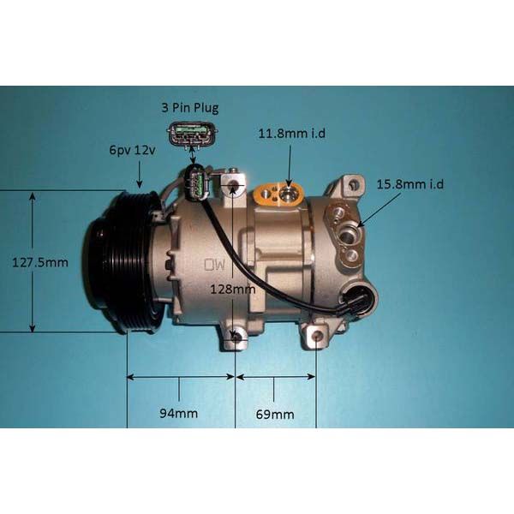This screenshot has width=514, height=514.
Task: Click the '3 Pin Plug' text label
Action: tap(190, 108)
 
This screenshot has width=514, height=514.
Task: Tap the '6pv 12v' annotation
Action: tap(132, 150)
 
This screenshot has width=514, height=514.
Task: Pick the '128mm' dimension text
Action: tap(233, 290)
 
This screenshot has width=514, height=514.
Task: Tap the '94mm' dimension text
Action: tap(180, 413)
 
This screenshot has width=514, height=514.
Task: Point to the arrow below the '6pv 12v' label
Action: tap(139, 176)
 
